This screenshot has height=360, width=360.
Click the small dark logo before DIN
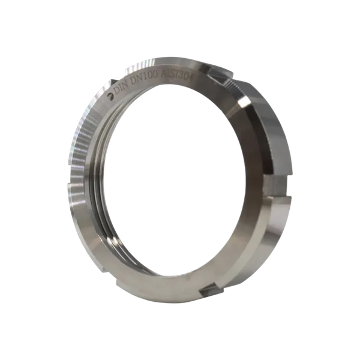point(110,97)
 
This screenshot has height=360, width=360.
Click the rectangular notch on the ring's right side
point(278,187)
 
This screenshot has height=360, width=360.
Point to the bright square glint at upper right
point(244,103)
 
